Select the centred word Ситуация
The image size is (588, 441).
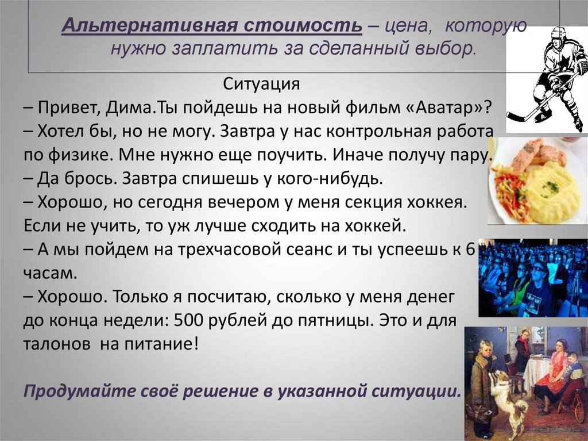pos(261,85)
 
